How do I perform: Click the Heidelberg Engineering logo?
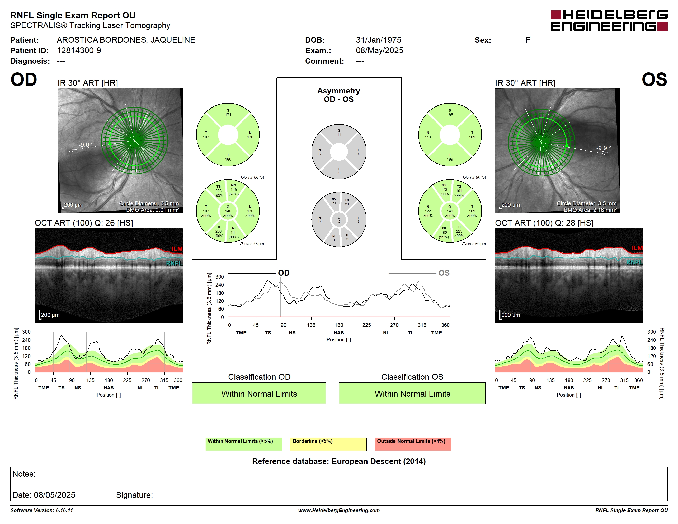point(609,21)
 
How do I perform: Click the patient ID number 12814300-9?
point(79,50)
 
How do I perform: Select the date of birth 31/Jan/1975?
point(379,40)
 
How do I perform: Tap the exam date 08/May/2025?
point(379,50)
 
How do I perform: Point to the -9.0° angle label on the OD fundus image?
point(86,145)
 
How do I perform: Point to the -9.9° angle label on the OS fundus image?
point(604,148)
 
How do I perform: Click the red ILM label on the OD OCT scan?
point(177,249)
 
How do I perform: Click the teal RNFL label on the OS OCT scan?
point(635,262)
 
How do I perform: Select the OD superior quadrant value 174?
point(228,115)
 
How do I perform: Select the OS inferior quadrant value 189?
point(450,159)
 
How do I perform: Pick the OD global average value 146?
point(228,211)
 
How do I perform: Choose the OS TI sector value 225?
point(459,231)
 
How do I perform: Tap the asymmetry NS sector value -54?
point(334,203)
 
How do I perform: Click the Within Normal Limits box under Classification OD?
point(259,393)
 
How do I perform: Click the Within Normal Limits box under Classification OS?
point(412,393)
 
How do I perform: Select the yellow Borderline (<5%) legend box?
point(328,444)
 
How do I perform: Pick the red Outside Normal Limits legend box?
point(413,444)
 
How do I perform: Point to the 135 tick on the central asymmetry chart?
point(311,325)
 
